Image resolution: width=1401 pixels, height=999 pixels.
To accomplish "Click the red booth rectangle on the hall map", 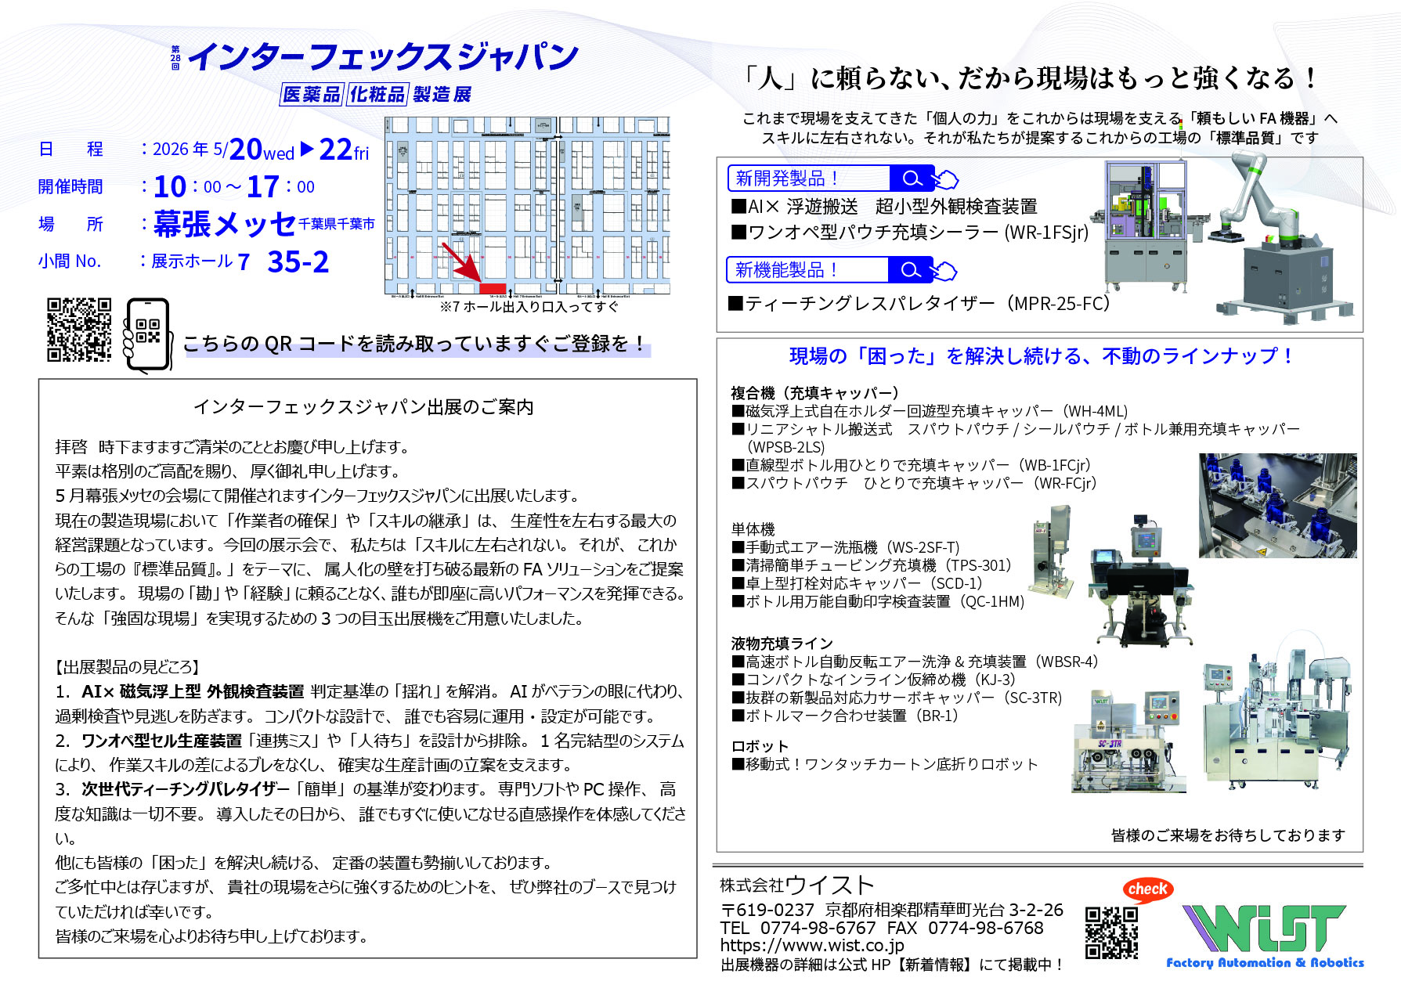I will [493, 288].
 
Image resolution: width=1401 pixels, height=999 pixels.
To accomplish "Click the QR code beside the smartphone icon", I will [79, 330].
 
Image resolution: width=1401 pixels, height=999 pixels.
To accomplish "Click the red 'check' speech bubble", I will [1147, 889].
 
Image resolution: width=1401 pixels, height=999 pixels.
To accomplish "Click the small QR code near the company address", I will [1110, 932].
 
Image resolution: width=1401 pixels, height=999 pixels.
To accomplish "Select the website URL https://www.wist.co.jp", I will [812, 946].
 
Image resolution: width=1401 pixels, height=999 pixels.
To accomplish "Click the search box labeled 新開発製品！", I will [810, 179].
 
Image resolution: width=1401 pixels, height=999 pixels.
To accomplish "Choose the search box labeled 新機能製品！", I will [808, 270].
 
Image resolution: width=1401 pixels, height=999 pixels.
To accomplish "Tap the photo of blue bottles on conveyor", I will [1276, 506].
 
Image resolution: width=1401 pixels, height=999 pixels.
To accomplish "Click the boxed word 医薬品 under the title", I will [311, 95].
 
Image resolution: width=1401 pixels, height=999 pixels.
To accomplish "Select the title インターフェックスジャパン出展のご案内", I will [363, 407].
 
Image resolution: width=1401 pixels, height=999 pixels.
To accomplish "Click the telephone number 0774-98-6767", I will [818, 928].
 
